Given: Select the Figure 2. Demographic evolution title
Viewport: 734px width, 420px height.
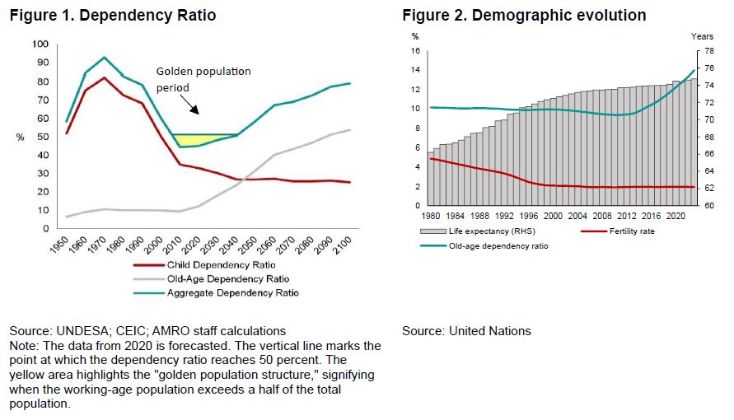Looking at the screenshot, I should pos(524,15).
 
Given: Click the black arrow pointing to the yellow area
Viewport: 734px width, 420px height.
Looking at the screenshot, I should pos(189,104).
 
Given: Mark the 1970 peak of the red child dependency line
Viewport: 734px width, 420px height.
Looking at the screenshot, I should pos(104,77).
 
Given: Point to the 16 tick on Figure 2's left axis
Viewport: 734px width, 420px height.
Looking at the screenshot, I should pos(416,50).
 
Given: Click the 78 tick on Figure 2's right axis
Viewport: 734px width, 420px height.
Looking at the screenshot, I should pos(697,50).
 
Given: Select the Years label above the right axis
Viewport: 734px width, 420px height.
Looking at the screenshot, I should pos(702,36).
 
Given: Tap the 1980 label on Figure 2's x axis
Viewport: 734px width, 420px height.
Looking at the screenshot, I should pos(432,214).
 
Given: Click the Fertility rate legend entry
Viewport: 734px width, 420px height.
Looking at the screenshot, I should pos(631,231).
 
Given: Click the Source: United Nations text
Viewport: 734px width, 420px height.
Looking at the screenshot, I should pos(466,331).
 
